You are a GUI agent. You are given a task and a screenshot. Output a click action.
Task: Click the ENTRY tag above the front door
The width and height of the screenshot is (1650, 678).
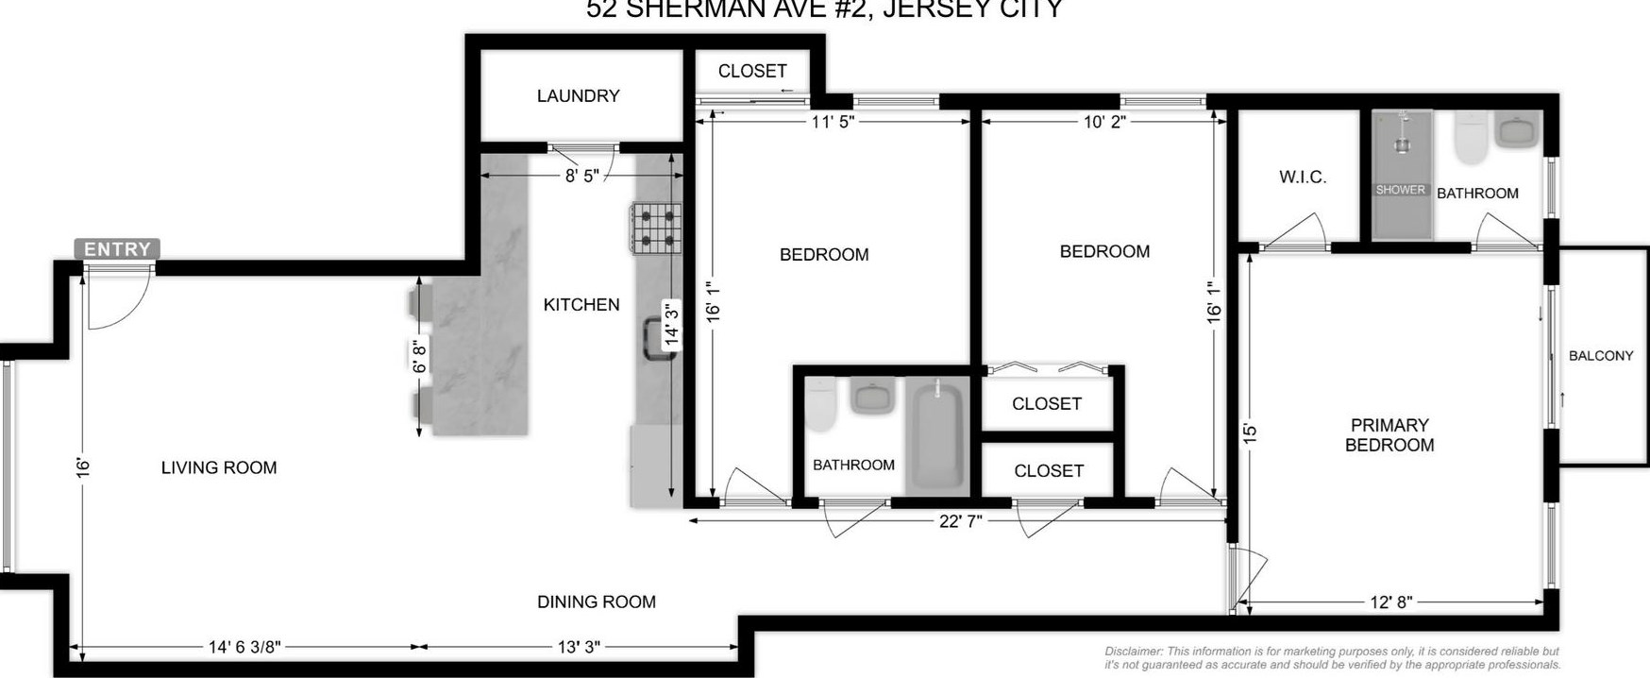[x=117, y=249]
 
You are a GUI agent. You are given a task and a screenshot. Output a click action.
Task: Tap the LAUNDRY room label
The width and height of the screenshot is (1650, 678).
[x=578, y=95]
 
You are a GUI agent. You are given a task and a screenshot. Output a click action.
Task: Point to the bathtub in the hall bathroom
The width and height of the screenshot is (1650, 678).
[x=935, y=435]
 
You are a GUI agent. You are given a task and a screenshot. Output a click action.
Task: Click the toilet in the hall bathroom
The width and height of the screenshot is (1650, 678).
[x=819, y=403]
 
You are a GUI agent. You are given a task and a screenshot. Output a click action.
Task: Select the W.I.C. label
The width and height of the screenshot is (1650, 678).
[x=1303, y=177]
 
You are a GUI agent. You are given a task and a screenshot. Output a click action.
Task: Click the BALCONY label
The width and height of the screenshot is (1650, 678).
[x=1600, y=356]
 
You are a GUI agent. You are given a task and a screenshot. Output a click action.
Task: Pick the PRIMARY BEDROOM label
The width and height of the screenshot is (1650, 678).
[x=1389, y=435]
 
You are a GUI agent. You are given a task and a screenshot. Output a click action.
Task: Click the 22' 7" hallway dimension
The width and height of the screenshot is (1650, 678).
[x=961, y=521]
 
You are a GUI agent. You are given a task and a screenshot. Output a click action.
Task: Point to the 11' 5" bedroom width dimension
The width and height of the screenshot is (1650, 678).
[x=833, y=121]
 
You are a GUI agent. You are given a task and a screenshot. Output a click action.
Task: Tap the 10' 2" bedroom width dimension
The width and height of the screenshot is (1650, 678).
[x=1103, y=121]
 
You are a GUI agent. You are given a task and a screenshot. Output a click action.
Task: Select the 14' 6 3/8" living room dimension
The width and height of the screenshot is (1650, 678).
[x=244, y=647]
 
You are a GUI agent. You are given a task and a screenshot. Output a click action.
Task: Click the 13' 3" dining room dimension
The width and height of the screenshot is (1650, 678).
[x=578, y=647]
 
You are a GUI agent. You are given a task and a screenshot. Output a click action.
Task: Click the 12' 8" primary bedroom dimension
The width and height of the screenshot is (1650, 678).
[x=1390, y=602]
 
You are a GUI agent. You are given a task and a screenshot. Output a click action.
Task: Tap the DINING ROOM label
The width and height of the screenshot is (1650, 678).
[x=596, y=602]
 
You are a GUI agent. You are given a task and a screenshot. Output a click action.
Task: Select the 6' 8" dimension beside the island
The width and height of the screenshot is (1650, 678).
[x=420, y=356]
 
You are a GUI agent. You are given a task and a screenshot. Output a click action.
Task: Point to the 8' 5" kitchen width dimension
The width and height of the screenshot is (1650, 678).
[x=581, y=176]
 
